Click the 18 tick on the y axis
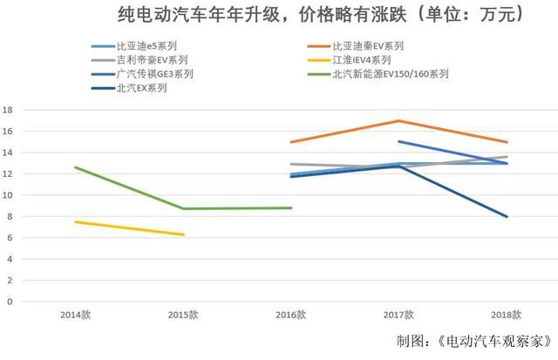pyautogui.click(x=8, y=110)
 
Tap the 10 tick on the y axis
pyautogui.click(x=8, y=195)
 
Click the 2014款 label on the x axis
pyautogui.click(x=75, y=314)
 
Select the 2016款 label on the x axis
pyautogui.click(x=291, y=314)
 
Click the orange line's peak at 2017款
pyautogui.click(x=399, y=120)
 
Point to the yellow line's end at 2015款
pyautogui.click(x=183, y=234)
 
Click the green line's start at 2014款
pyautogui.click(x=76, y=167)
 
